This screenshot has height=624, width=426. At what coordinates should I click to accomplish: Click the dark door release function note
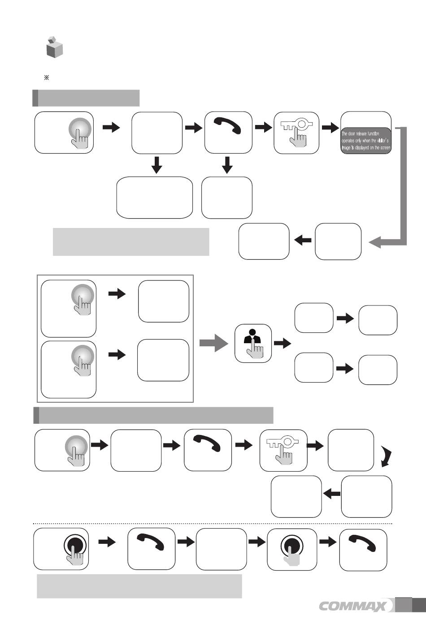pos(366,141)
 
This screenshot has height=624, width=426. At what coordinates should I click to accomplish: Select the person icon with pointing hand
pos(253,343)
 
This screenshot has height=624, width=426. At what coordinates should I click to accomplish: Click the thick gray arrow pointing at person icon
pos(214,343)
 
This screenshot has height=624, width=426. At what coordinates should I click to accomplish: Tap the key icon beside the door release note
pos(296,132)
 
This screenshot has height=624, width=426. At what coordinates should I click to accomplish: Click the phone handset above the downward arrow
pos(228,127)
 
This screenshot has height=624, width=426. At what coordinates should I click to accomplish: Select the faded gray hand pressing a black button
pos(292,549)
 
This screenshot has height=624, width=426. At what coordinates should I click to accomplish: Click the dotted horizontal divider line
pos(213,523)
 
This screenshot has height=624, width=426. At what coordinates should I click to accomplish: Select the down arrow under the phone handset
pos(228,165)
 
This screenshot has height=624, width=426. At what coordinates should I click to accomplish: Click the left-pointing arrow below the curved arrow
pos(331,494)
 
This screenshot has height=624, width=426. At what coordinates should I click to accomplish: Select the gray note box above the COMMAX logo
pos(139,586)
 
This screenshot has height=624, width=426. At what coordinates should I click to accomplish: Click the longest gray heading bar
pos(153,415)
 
